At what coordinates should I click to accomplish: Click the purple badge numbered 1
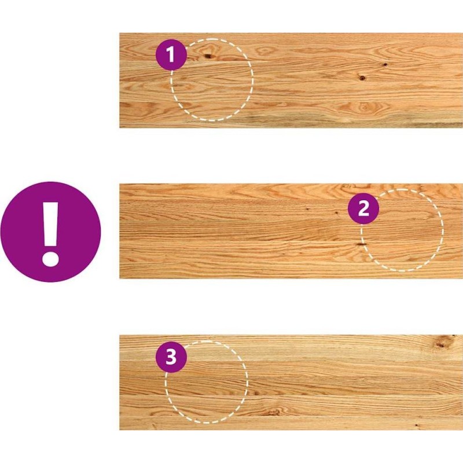(x=171, y=54)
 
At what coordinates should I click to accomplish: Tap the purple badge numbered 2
(x=363, y=209)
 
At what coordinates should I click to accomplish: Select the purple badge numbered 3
(x=171, y=357)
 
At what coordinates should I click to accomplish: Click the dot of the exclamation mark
(x=50, y=259)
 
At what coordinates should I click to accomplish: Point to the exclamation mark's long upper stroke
(x=50, y=225)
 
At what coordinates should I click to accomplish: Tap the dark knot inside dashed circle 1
(x=208, y=56)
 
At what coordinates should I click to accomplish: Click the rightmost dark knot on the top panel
(x=385, y=64)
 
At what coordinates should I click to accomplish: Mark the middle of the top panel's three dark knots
(x=362, y=78)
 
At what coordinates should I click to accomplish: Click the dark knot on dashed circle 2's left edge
(x=361, y=244)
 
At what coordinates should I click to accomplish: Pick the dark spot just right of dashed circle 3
(x=255, y=393)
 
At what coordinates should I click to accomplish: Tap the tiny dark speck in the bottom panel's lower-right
(x=416, y=425)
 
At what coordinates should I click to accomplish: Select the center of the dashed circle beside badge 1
(x=212, y=80)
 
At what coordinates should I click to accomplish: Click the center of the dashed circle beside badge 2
(x=402, y=230)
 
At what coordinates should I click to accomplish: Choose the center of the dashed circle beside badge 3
(x=207, y=382)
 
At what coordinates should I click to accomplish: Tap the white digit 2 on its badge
(x=363, y=208)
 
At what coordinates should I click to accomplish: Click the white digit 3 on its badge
(x=171, y=357)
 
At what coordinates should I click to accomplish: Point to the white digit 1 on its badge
(x=171, y=54)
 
